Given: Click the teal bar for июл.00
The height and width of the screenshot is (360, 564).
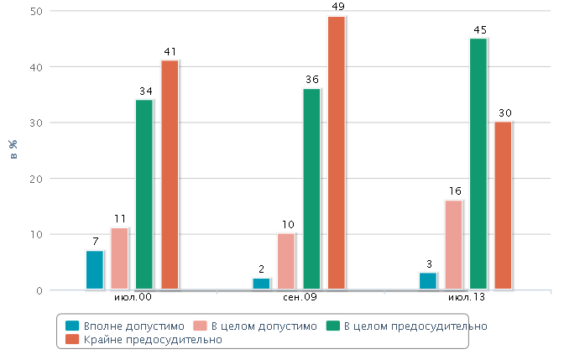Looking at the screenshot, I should click(95, 270).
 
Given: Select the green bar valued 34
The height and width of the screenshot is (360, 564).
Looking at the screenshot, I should click(144, 195).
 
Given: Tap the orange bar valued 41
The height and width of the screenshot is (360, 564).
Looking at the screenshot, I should click(170, 175).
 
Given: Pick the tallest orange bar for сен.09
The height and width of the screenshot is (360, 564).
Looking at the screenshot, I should click(336, 153).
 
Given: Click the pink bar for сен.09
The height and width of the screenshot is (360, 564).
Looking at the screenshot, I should click(286, 262).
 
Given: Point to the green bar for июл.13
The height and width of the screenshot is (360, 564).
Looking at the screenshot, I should click(478, 164).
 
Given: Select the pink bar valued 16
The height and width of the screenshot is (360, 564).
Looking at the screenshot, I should click(453, 245).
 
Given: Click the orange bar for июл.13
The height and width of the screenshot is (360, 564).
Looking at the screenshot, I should click(504, 206).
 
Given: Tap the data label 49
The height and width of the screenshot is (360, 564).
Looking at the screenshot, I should click(337, 7).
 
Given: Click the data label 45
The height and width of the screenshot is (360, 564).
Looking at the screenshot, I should click(480, 29).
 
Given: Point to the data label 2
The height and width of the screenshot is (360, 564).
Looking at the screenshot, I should click(262, 269).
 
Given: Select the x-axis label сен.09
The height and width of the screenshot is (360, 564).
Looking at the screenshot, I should click(299, 298).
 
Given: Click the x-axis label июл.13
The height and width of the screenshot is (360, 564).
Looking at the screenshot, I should click(466, 298).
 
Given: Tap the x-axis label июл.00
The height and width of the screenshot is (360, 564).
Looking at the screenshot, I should click(133, 298).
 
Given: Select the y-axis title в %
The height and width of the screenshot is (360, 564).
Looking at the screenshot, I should click(13, 149).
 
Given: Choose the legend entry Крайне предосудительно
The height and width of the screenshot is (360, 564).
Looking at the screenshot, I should click(151, 340).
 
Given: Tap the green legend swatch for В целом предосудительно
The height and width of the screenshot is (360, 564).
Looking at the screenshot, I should click(332, 326).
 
